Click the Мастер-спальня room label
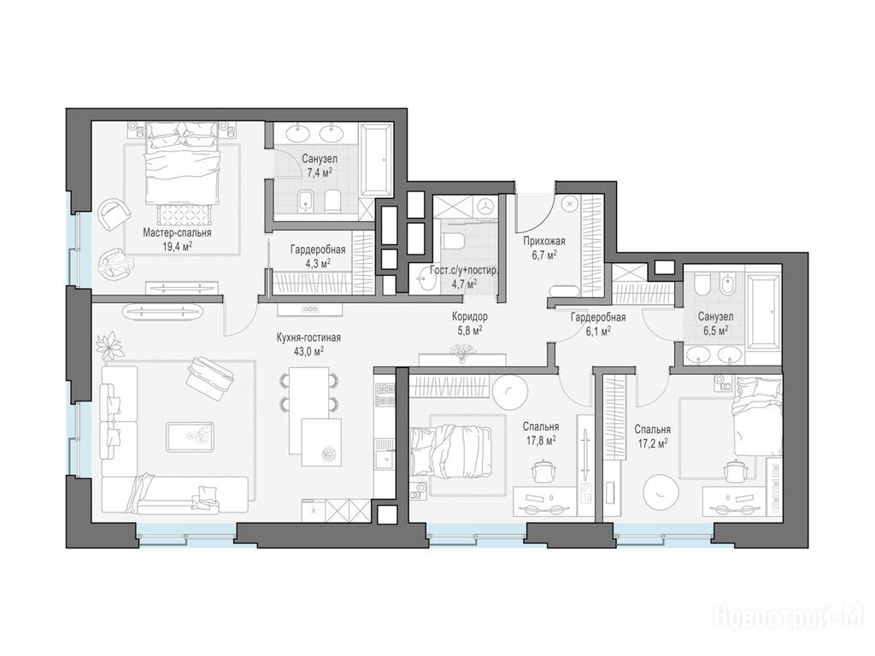click(177, 232)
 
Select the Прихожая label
click(544, 241)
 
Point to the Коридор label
click(470, 317)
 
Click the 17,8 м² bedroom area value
click(540, 441)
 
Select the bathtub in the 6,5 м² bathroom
click(763, 310)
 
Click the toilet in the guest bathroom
click(453, 241)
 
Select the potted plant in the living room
click(110, 346)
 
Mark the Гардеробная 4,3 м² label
click(318, 255)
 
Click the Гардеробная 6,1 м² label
click(597, 324)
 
